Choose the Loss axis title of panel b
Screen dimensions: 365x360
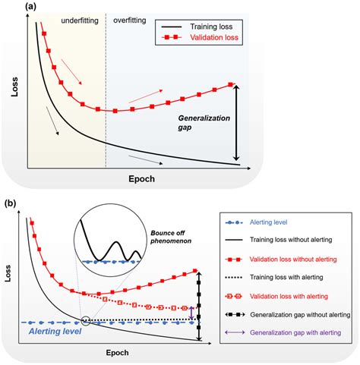click(x=10, y=275)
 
